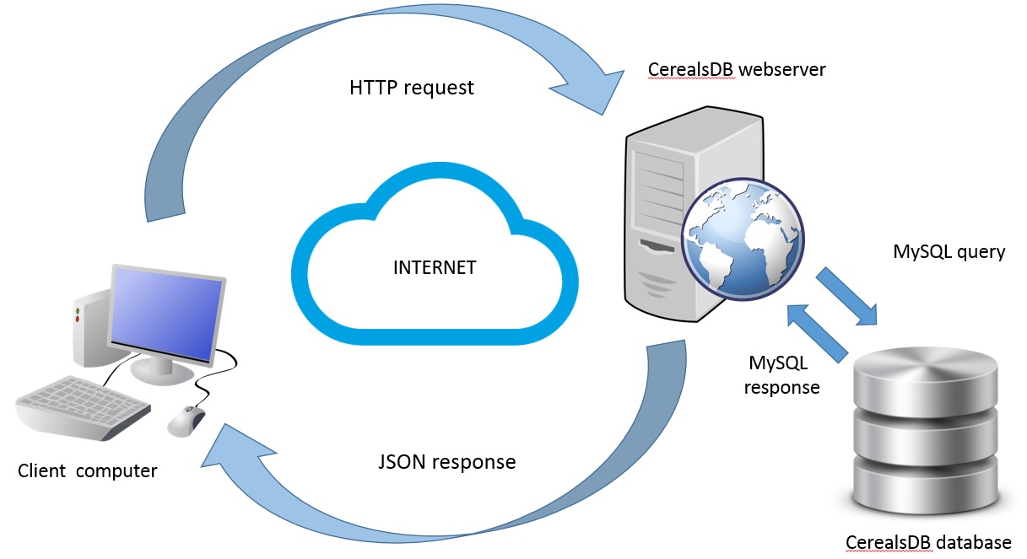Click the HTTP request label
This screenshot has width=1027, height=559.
coord(411,88)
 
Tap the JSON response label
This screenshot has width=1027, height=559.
coord(447,462)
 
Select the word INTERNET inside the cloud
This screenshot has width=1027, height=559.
coord(435,267)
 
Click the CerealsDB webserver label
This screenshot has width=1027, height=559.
coord(737,70)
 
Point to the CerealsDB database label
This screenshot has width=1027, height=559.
coord(928,542)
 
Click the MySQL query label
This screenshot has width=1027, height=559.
coord(949,252)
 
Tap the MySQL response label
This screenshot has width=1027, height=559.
coord(781,375)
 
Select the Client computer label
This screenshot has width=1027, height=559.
coord(87,471)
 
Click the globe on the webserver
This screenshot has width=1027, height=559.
coord(743,239)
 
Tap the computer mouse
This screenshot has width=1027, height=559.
coord(186,421)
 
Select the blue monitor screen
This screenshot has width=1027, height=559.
coord(166,314)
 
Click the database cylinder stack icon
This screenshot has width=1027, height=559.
coord(926,431)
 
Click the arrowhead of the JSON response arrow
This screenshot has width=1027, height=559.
coord(234,451)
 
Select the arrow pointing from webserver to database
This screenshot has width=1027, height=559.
coord(846,296)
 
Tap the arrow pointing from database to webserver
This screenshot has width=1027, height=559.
coord(817,334)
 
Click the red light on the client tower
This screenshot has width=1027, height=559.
coord(78,319)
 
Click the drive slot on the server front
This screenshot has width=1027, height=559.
coord(657,246)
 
